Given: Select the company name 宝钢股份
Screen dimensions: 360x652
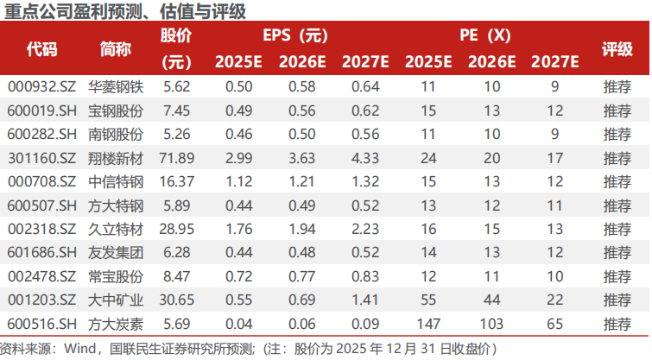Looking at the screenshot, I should point(116,111).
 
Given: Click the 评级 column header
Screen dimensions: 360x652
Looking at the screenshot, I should point(617,48).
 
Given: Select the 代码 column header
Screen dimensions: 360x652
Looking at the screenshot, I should point(41,48).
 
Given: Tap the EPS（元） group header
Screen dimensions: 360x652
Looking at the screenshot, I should point(295,36).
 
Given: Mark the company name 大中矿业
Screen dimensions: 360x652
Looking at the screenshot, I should point(116,300).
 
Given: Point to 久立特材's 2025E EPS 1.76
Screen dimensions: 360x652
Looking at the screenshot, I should point(239,229).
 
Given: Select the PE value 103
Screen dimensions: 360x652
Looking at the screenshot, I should point(491,323).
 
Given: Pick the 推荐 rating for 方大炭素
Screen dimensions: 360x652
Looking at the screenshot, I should point(617,323).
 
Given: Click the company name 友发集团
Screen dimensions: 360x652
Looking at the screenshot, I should point(116,252).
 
